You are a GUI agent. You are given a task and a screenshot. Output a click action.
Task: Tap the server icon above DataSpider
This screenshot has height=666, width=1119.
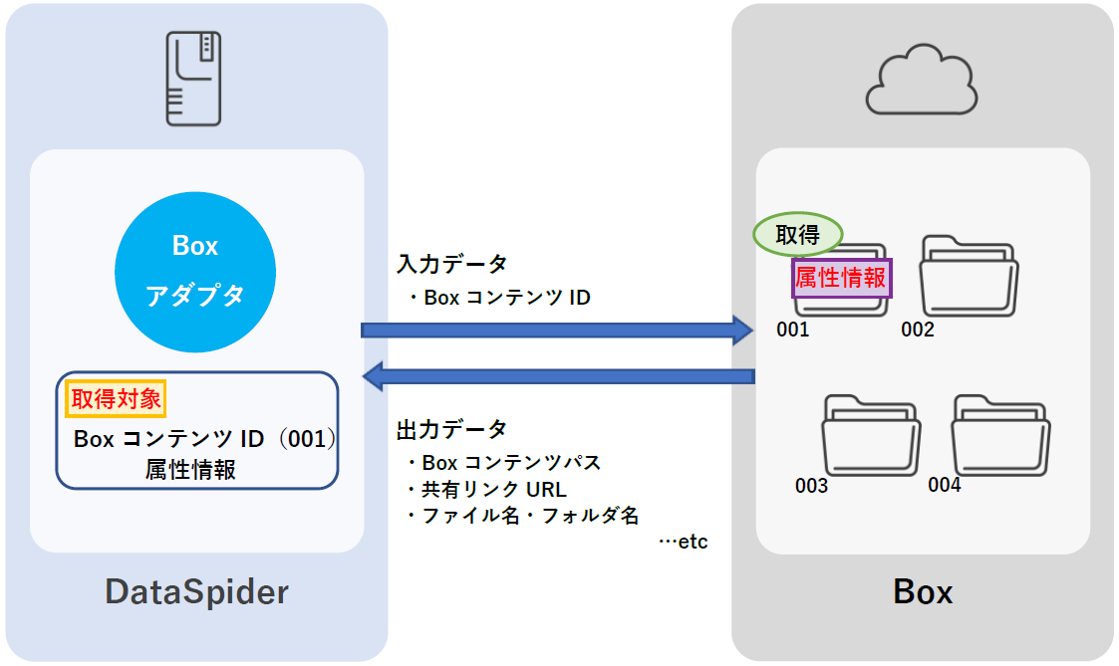pyautogui.click(x=195, y=79)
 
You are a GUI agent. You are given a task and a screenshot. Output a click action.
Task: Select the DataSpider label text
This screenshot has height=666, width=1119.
pyautogui.click(x=197, y=592)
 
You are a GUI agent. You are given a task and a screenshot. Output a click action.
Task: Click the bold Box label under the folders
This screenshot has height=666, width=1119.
pyautogui.click(x=923, y=593)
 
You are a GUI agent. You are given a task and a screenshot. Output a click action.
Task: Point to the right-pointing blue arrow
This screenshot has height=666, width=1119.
pyautogui.click(x=557, y=330)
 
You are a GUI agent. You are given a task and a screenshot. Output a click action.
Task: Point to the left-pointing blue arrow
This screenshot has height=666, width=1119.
pyautogui.click(x=557, y=376)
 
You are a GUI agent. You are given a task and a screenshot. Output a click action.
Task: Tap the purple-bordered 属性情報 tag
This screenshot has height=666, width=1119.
pyautogui.click(x=841, y=278)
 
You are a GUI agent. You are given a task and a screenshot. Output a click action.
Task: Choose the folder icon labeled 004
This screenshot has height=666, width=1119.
pyautogui.click(x=998, y=435)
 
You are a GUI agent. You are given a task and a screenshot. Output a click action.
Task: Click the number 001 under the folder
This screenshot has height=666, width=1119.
pyautogui.click(x=793, y=330)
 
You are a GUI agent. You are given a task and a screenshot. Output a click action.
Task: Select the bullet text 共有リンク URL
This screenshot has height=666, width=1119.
pyautogui.click(x=486, y=490)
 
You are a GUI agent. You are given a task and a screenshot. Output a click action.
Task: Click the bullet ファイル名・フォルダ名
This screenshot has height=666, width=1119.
pyautogui.click(x=522, y=516)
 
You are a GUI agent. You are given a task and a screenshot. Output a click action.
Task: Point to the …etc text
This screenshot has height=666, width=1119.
pyautogui.click(x=683, y=543)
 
